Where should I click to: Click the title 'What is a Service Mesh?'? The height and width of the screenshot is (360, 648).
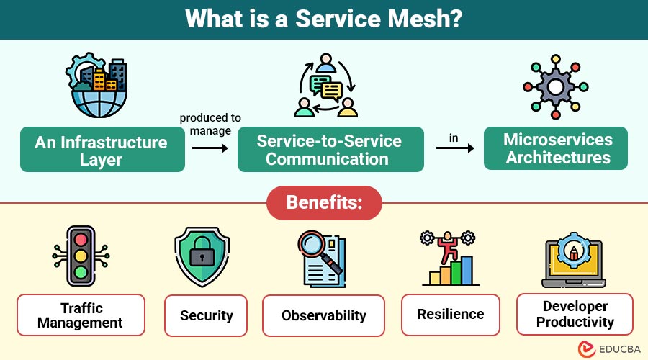pyautogui.click(x=323, y=19)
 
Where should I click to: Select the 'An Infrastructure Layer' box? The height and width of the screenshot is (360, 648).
pyautogui.click(x=102, y=150)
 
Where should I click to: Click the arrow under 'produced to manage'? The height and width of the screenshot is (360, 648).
pyautogui.click(x=210, y=148)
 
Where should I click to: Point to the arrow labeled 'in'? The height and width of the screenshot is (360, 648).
pyautogui.click(x=456, y=148)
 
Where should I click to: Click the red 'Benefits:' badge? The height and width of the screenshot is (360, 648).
pyautogui.click(x=323, y=202)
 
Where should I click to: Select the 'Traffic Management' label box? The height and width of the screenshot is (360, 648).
pyautogui.click(x=81, y=315)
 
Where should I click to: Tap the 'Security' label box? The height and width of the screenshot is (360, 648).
pyautogui.click(x=206, y=315)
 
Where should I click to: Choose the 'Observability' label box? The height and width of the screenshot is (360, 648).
pyautogui.click(x=324, y=315)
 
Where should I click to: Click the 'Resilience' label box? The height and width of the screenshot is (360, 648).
pyautogui.click(x=451, y=314)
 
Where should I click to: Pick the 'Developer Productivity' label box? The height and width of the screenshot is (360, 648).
pyautogui.click(x=575, y=314)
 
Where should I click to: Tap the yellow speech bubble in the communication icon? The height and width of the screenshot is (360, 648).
pyautogui.click(x=331, y=91)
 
